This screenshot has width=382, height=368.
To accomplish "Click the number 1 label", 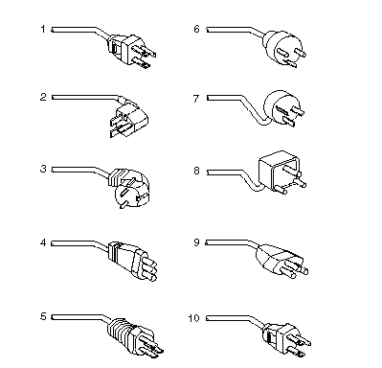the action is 43,30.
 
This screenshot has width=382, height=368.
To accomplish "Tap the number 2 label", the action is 43,97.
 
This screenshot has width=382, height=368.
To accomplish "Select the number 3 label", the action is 43,169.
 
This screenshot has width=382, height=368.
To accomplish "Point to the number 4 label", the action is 43,242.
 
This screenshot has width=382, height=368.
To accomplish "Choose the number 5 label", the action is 43,316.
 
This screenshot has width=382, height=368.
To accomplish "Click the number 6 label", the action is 196,29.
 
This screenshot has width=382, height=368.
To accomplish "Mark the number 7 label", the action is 196,99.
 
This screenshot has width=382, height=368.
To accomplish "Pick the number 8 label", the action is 196,171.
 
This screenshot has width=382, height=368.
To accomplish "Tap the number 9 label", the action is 196,242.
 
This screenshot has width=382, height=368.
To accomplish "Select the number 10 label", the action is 193,318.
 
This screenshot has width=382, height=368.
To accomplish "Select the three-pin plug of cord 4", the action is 132,261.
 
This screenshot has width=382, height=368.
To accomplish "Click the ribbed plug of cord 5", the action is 134,336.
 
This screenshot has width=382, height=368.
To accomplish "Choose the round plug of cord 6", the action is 283,48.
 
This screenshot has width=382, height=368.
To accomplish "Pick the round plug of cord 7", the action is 282,108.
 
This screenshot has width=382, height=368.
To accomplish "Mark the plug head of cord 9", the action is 281,262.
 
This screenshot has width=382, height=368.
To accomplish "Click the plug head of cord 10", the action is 285,339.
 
